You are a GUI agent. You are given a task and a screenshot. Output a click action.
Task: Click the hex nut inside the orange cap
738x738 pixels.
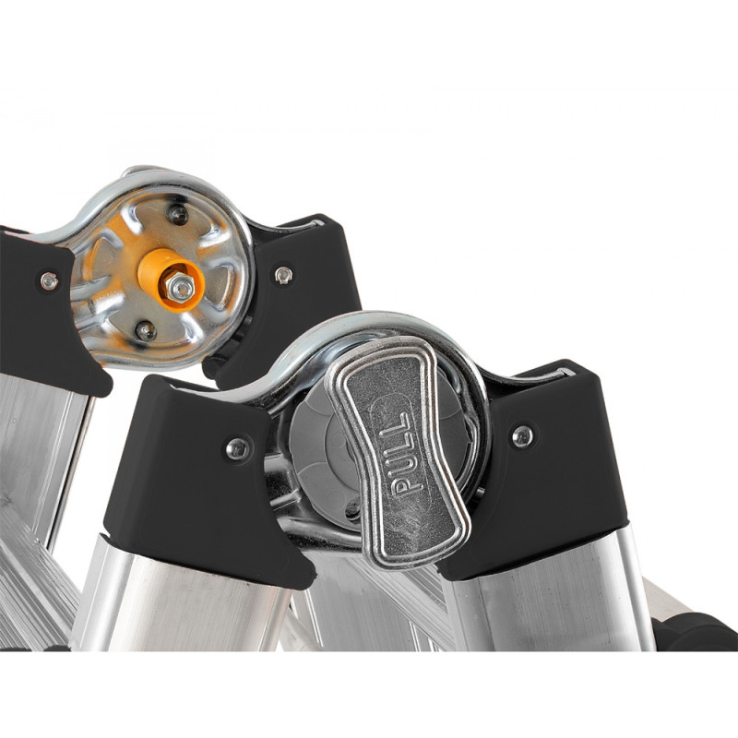pyautogui.click(x=180, y=288)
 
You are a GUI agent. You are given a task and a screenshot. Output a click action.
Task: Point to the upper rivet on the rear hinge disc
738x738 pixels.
pyautogui.click(x=178, y=215)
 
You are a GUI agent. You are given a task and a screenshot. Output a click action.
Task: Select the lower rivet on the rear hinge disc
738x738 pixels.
pyautogui.click(x=146, y=331)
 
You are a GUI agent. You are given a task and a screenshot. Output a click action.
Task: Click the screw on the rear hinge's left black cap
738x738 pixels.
pyautogui.click(x=49, y=281)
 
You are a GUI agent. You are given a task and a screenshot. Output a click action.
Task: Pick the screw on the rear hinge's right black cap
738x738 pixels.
pyautogui.click(x=283, y=274)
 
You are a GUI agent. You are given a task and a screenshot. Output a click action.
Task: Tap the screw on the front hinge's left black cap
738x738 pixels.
pyautogui.click(x=237, y=448)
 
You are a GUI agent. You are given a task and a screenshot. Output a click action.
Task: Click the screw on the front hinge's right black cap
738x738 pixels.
pyautogui.click(x=523, y=435)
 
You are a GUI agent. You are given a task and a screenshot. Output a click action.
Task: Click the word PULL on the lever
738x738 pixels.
pyautogui.click(x=402, y=453)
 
